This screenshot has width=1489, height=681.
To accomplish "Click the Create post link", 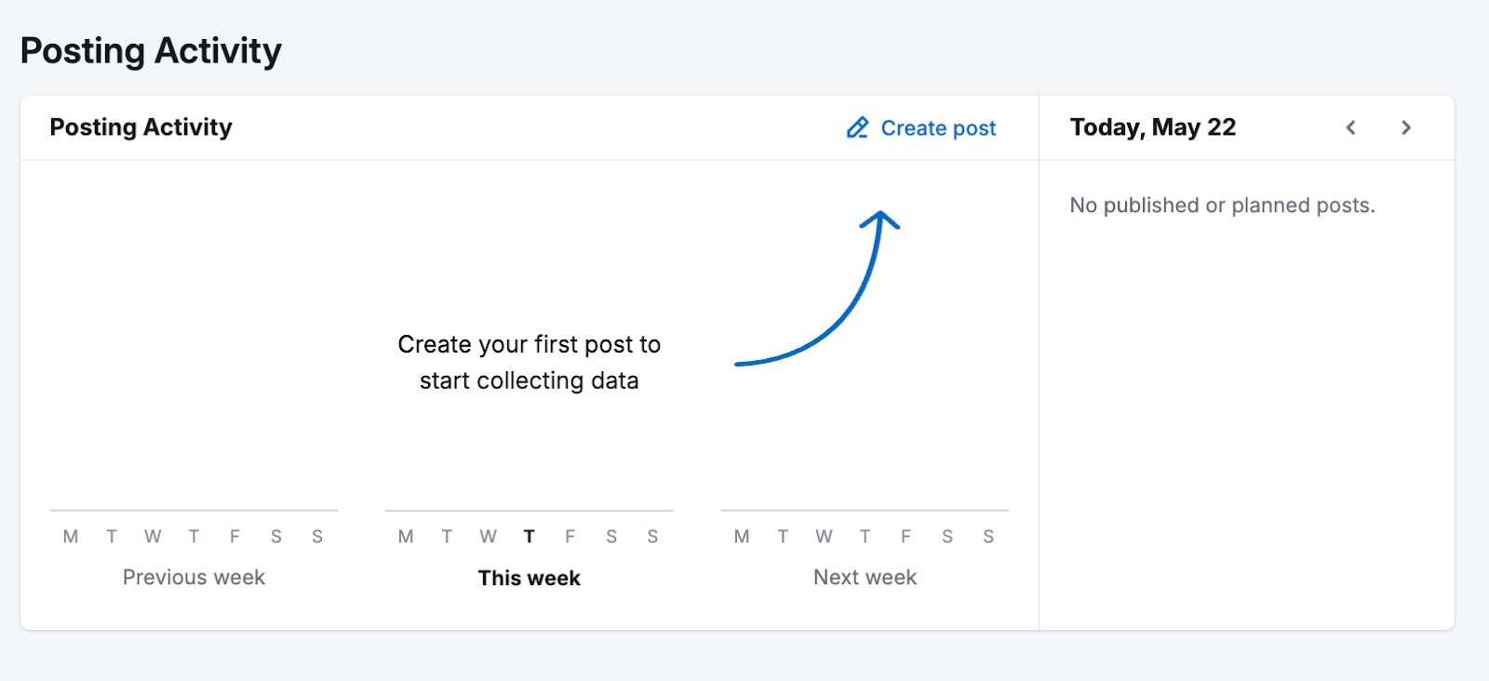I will [x=937, y=128].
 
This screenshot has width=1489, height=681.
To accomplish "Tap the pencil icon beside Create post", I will [x=857, y=127].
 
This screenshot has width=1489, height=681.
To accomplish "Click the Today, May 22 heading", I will [x=1152, y=127].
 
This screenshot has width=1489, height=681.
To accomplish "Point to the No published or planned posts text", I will [x=1221, y=206].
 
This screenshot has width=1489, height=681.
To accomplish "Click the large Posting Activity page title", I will [x=151, y=51].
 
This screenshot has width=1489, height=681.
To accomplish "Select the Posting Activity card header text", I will [x=141, y=127].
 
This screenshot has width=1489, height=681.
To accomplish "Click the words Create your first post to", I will [x=529, y=345].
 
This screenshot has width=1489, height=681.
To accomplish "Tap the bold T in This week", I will [x=529, y=537].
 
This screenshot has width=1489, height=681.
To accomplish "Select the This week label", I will [x=529, y=578].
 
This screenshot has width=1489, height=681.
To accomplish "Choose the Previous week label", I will [x=194, y=578].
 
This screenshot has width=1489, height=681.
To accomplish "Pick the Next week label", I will [x=865, y=578].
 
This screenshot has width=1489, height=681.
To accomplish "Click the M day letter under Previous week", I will [x=71, y=537].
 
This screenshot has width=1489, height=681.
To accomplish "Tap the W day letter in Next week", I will [x=824, y=537].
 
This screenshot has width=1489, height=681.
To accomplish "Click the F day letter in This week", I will [x=570, y=537].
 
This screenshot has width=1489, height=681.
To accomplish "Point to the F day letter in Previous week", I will [x=235, y=537].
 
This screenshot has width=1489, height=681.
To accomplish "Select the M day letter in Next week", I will [x=742, y=537].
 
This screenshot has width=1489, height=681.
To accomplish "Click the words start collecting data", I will [x=529, y=381].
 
